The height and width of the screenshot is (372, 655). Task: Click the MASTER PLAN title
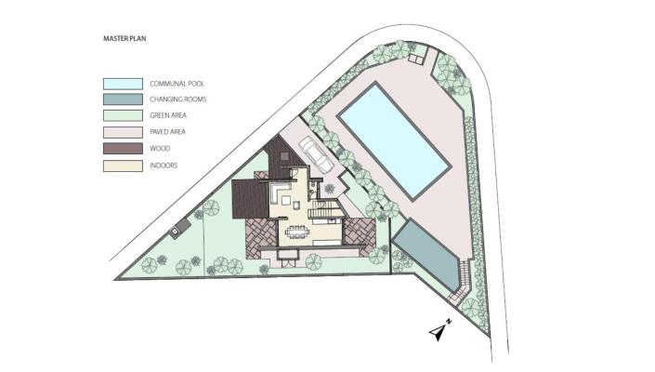tap(124, 38)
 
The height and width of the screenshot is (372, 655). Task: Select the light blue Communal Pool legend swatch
tap(123, 84)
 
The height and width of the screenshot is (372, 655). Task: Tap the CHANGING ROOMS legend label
tap(178, 100)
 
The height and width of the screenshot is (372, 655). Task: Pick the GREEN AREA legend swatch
tap(123, 115)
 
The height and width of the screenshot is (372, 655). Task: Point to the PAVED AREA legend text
tap(167, 132)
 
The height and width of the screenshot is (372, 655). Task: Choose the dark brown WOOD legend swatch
tap(123, 149)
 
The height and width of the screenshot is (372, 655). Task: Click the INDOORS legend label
tap(164, 166)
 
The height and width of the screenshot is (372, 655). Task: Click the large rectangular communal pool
tap(394, 140)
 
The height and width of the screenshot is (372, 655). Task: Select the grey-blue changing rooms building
tap(426, 257)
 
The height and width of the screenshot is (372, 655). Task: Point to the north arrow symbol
tap(437, 333)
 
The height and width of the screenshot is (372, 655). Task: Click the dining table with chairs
tap(298, 232)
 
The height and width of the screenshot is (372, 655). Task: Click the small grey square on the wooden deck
tap(284, 156)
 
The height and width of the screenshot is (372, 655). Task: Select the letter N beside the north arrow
tap(448, 322)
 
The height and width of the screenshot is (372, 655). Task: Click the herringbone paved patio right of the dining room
tap(360, 232)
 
